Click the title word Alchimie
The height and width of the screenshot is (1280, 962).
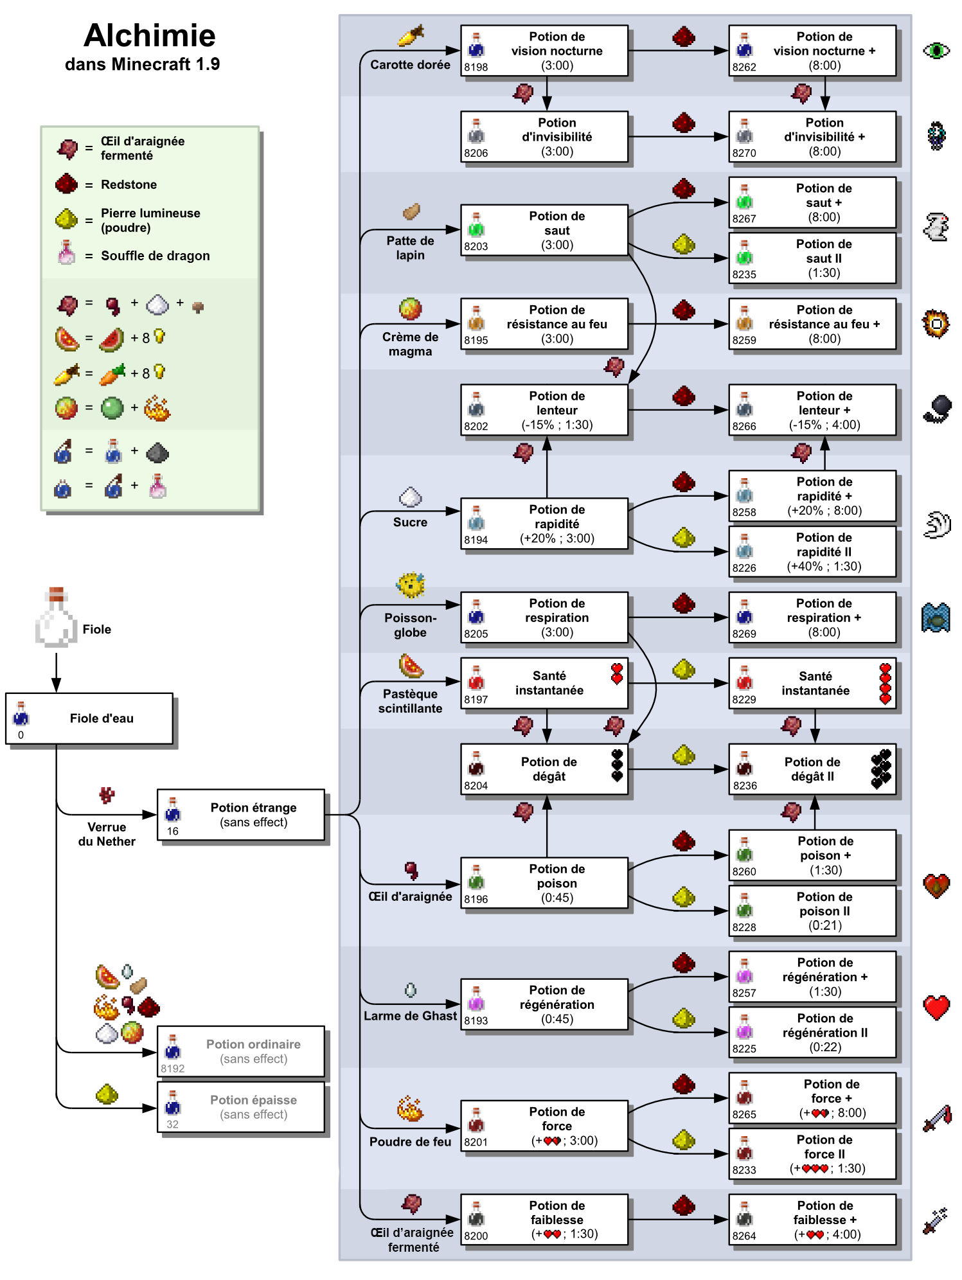click(149, 35)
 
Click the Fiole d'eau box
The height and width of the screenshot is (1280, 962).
click(89, 718)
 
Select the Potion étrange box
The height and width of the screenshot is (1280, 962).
click(241, 814)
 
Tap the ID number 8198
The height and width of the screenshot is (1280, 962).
click(476, 67)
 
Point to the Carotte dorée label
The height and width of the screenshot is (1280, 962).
click(410, 64)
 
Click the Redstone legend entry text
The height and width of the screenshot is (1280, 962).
click(129, 184)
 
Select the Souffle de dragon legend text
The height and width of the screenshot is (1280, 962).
click(155, 256)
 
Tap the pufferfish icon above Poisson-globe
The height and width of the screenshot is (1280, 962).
click(410, 585)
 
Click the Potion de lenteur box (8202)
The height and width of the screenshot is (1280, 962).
click(544, 410)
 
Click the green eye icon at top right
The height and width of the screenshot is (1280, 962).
click(936, 50)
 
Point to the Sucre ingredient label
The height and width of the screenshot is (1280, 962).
click(410, 522)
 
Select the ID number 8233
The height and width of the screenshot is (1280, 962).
click(744, 1170)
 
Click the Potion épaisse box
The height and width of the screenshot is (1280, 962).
click(241, 1107)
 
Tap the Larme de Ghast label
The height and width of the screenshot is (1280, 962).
click(410, 1015)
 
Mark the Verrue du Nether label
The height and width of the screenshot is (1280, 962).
click(107, 834)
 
